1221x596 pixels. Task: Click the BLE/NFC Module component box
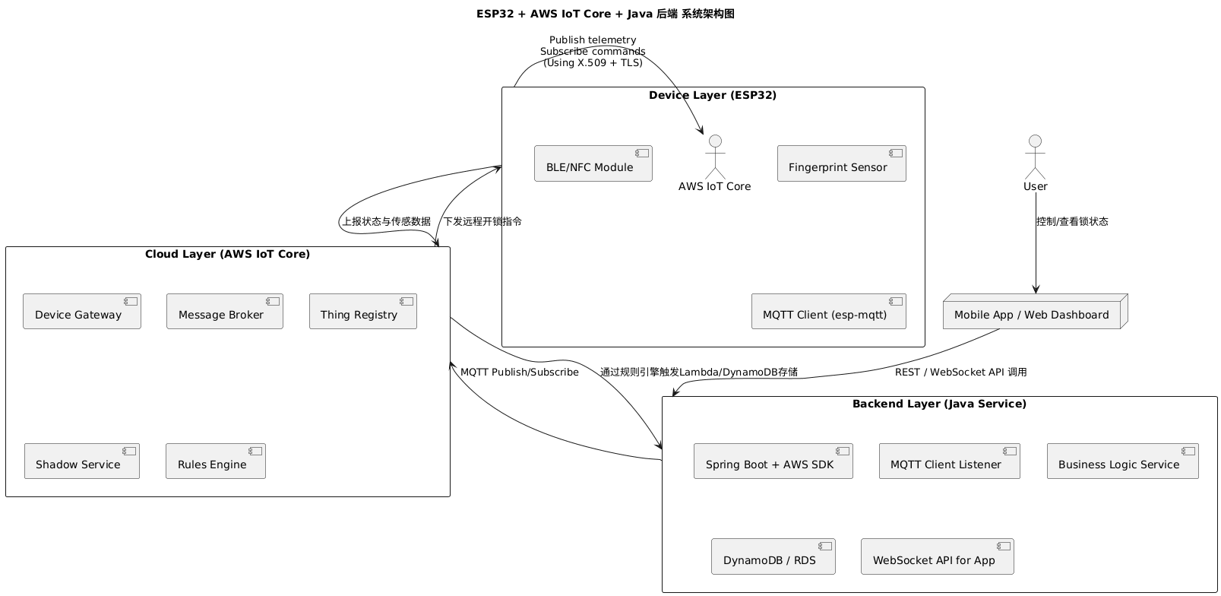coord(593,163)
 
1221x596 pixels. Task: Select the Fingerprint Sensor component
coord(841,163)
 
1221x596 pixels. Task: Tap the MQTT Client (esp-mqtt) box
coord(828,312)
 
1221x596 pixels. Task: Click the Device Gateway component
coord(82,312)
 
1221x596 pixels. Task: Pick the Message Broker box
coord(225,312)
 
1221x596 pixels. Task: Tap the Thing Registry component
coord(363,312)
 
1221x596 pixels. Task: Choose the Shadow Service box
coord(82,461)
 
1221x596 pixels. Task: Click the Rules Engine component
coord(216,461)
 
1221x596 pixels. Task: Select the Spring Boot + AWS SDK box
coord(773,461)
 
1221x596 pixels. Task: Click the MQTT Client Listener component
coord(949,461)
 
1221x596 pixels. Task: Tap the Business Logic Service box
coord(1122,461)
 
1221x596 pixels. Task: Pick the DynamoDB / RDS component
coord(773,557)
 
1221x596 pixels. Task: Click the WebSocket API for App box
coord(937,557)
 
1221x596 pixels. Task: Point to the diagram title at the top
coord(605,14)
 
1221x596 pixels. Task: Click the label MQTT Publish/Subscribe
coord(520,372)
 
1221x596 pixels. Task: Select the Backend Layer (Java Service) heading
coord(938,404)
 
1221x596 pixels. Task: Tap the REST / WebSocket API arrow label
coord(960,372)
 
